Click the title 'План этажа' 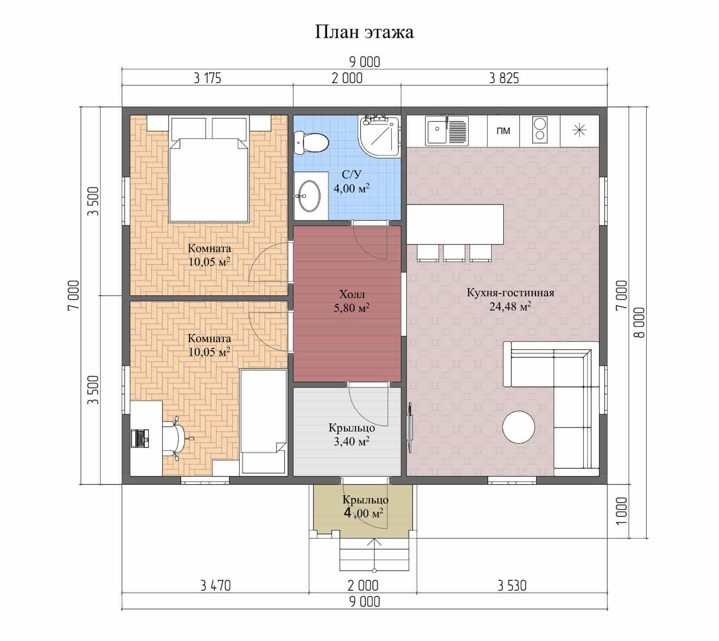coord(364,32)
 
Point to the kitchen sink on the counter coord(447,130)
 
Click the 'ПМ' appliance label coord(503,131)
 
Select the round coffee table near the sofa coord(519,427)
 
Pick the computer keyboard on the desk coord(139,438)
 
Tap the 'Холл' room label coord(352,295)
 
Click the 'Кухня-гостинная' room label coord(510,293)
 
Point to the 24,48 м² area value coord(510,307)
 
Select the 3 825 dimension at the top coord(504,79)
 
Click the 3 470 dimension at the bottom coord(215,586)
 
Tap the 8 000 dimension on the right coord(639,322)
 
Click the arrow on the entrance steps coord(373,556)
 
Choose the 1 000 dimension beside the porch coord(621,512)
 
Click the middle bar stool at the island coord(454,253)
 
